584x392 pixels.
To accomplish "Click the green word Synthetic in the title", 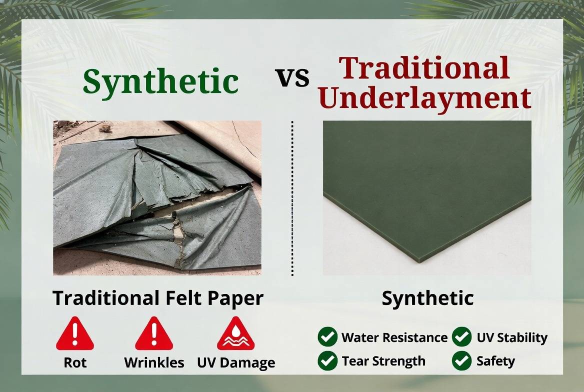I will pos(160,81).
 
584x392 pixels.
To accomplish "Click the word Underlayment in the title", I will pos(424,97).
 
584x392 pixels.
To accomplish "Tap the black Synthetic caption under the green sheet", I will pos(427,298).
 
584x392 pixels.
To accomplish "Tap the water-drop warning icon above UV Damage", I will pos(235,334).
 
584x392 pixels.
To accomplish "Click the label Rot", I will pos(75,362).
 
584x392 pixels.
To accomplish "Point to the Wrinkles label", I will pos(154,362).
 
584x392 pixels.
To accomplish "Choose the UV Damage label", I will pos(236,362).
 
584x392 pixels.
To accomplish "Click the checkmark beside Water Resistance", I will pos(327,337).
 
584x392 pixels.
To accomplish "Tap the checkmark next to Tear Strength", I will pos(327,360).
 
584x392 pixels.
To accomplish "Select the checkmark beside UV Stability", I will pos(461,337).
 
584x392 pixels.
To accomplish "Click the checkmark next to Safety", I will pos(461,360).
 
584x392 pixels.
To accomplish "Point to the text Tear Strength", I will pos(383,361).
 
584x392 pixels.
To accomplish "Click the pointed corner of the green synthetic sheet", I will pos(419,260).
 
